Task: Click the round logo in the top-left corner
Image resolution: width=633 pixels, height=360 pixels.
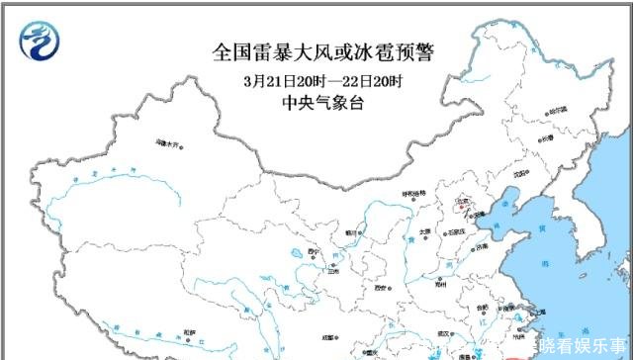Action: point(41,41)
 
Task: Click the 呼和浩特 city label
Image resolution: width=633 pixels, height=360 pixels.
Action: point(411,194)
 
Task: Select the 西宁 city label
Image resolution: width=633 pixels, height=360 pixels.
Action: point(316,253)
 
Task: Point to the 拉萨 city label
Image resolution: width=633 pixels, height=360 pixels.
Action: point(189,331)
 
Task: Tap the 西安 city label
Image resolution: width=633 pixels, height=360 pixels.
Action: point(382,288)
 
